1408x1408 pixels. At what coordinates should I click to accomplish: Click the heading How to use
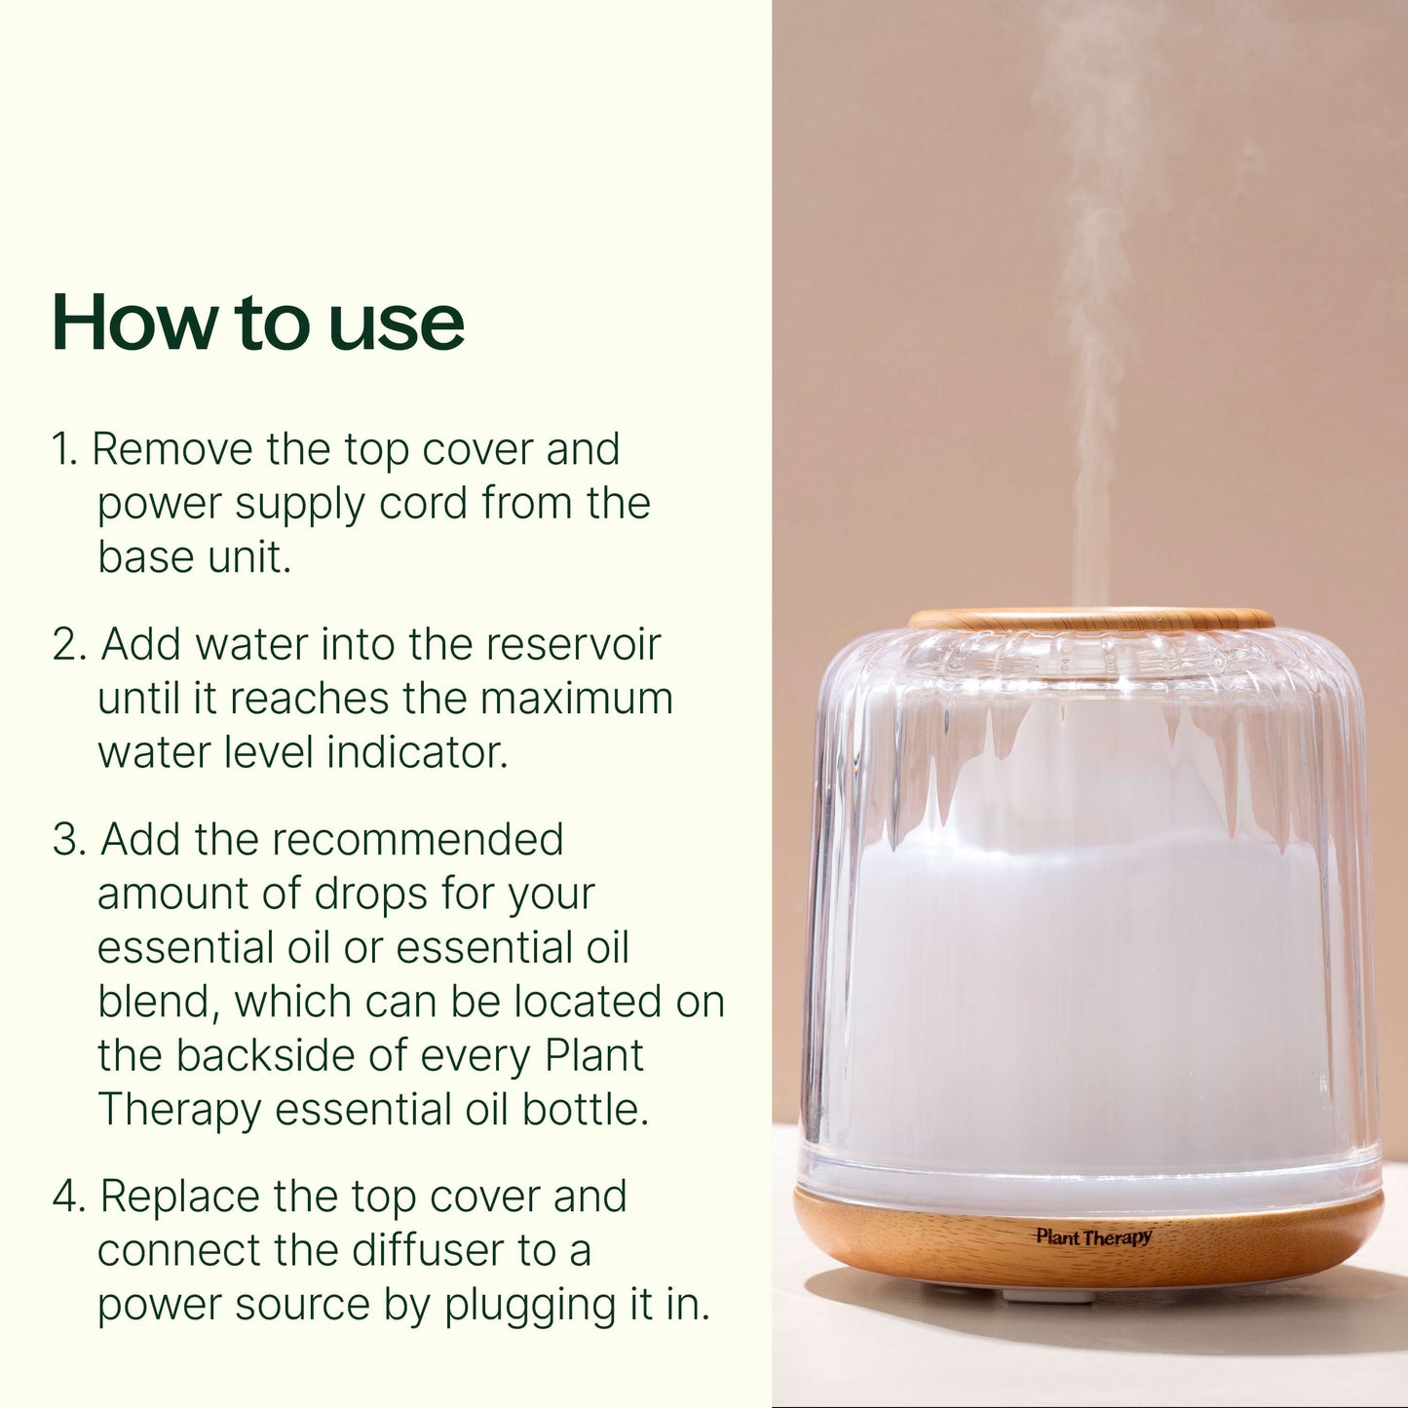[x=257, y=323]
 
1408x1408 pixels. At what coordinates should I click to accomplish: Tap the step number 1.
[x=62, y=450]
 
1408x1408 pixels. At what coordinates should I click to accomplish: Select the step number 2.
[x=69, y=645]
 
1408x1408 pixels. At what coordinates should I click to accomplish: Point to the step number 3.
[x=69, y=840]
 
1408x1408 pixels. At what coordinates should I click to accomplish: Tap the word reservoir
[x=573, y=645]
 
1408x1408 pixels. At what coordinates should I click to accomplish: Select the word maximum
[x=576, y=699]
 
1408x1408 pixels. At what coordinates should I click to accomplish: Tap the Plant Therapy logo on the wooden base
[x=1093, y=1237]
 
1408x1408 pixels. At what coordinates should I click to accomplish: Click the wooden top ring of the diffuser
[x=1090, y=619]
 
